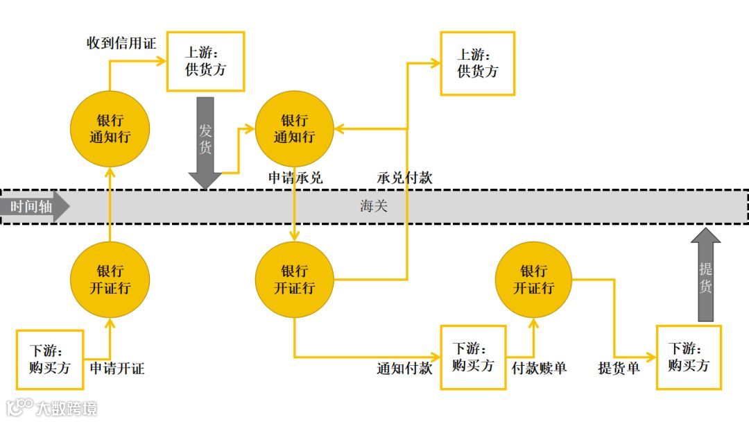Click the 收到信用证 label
[x=121, y=43]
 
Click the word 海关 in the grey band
[x=373, y=206]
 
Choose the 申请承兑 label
[x=295, y=178]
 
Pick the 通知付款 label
[x=404, y=368]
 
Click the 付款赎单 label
[x=539, y=368]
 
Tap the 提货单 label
[x=619, y=368]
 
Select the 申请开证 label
[x=117, y=368]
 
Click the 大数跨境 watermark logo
[x=52, y=407]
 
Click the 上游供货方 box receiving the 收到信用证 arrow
[x=205, y=61]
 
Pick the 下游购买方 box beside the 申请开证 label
[x=50, y=359]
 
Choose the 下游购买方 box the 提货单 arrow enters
[x=689, y=357]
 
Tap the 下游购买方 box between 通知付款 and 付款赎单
[x=473, y=357]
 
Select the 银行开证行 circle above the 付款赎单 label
[x=534, y=279]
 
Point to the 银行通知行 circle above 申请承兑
[x=294, y=129]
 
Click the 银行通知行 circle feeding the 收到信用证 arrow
[x=110, y=129]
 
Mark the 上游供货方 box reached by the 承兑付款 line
[x=477, y=63]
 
